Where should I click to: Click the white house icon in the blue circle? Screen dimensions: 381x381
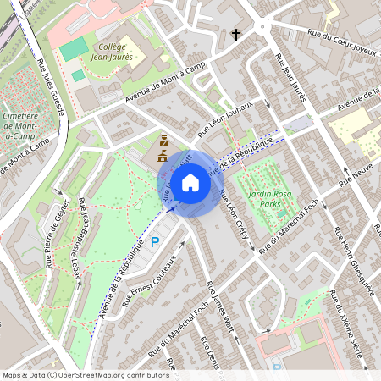[x=190, y=182]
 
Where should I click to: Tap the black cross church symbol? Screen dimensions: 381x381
[x=237, y=35]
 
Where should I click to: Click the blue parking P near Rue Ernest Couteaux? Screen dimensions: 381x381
[x=155, y=242]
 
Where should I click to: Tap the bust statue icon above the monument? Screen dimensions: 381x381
[x=164, y=141]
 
